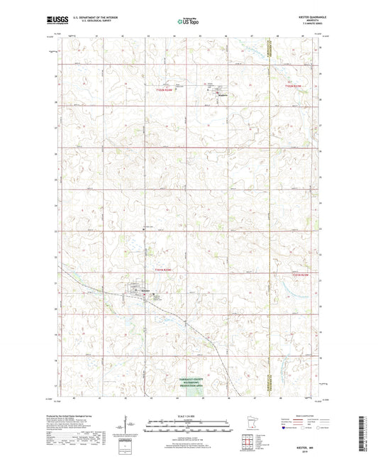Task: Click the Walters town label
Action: tap(213, 94)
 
